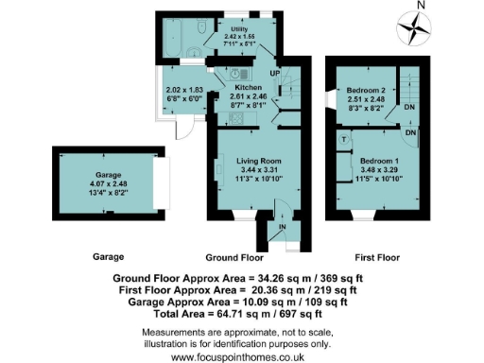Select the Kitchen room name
click(x=249, y=86)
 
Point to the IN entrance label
click(x=282, y=227)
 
